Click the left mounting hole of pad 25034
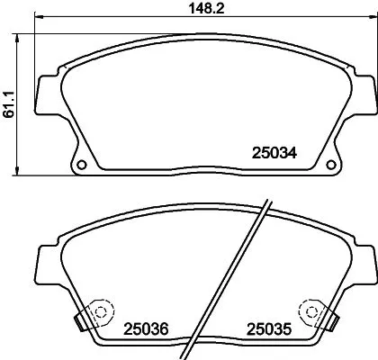point(80,166)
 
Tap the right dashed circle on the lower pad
point(312,310)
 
